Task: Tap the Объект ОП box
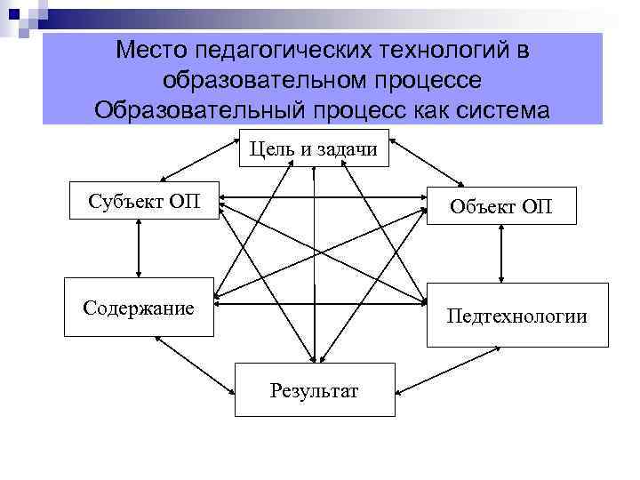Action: point(501,206)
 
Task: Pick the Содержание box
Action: point(139,308)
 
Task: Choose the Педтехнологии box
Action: point(517,315)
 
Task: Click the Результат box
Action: point(314,389)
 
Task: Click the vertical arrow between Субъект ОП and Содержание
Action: point(139,248)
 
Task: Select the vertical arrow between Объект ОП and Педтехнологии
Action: point(502,253)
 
